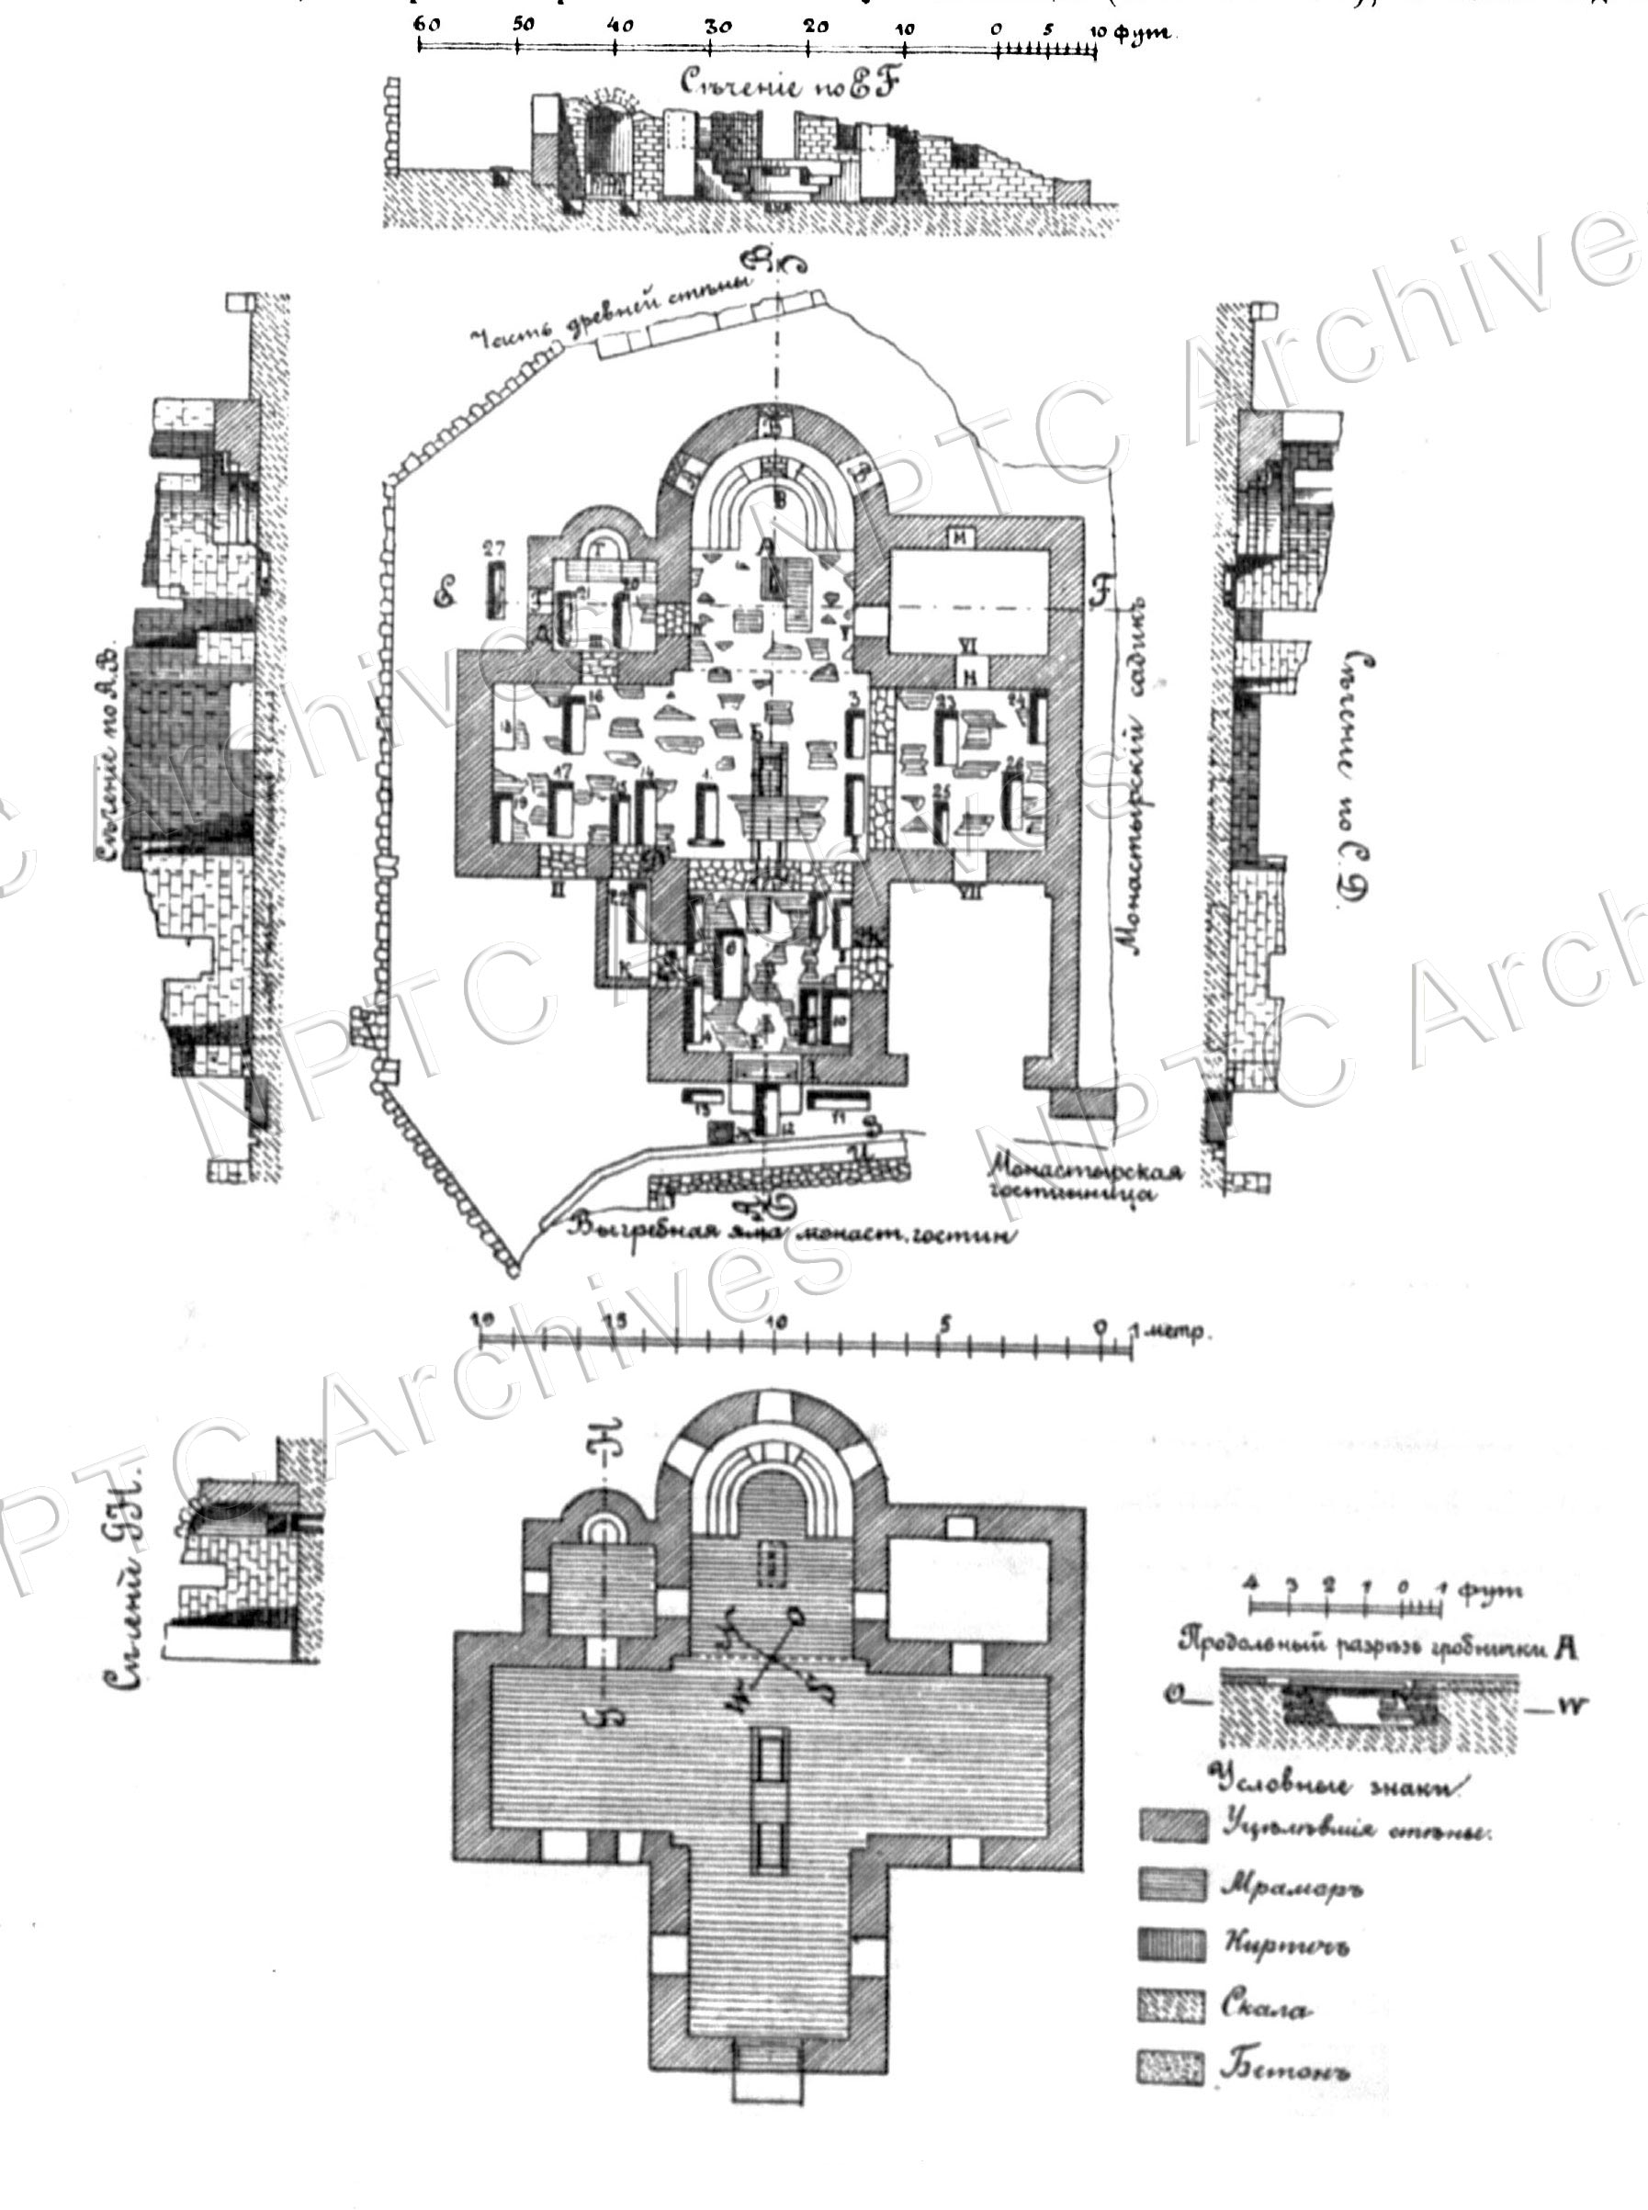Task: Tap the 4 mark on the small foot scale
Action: point(1251,1584)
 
